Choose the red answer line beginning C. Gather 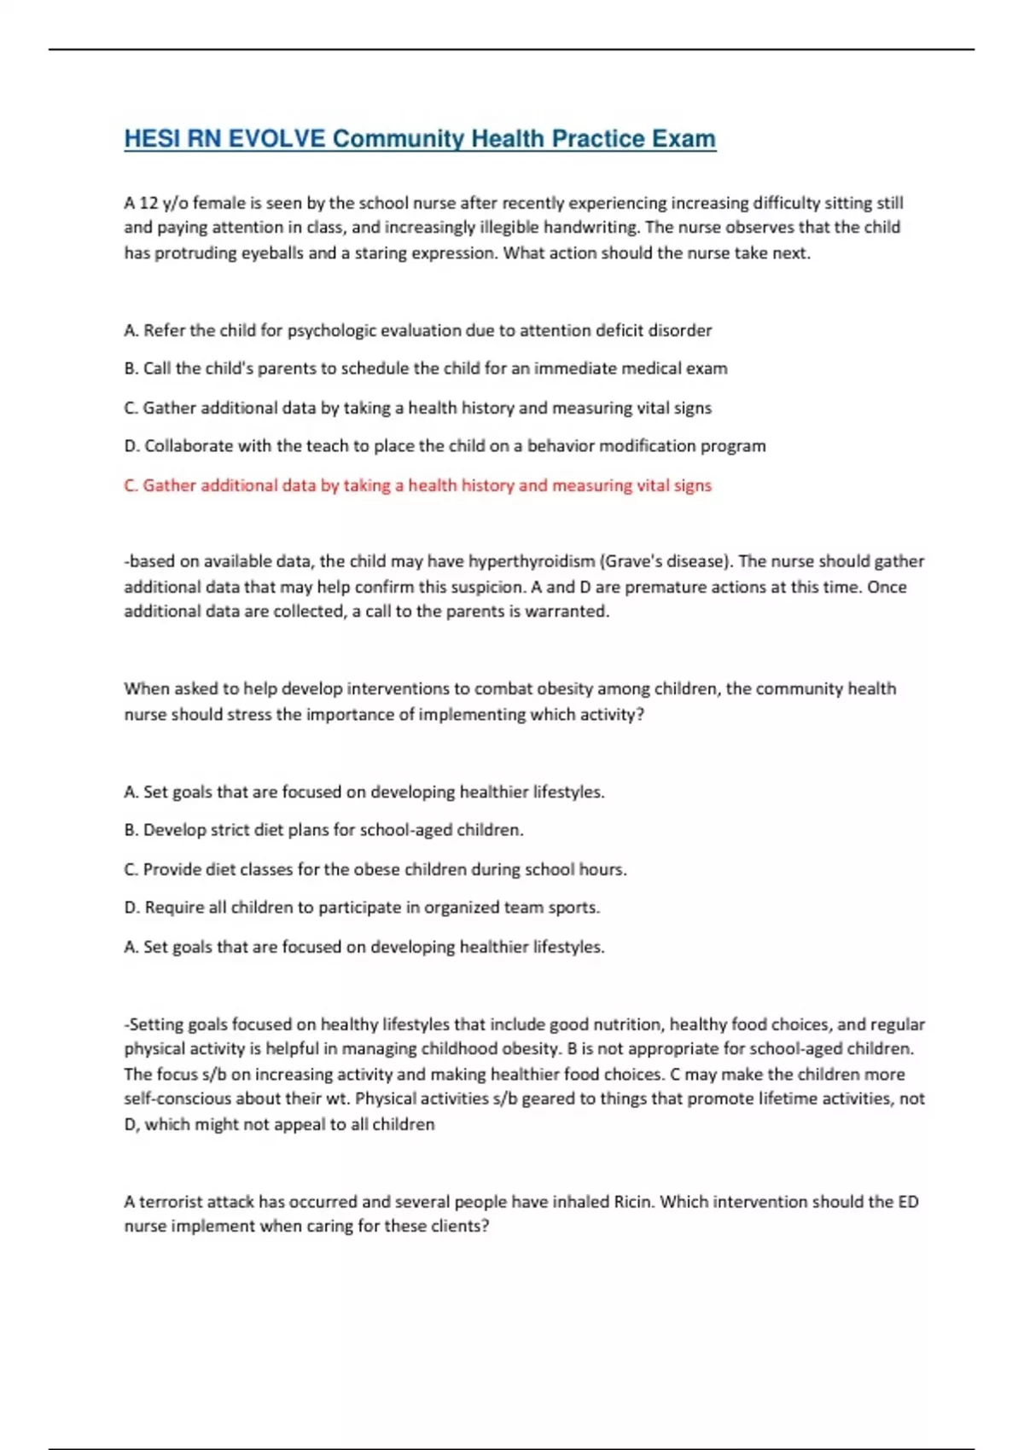pyautogui.click(x=417, y=485)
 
